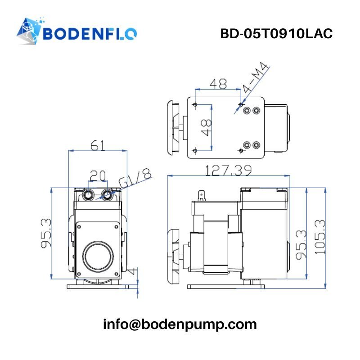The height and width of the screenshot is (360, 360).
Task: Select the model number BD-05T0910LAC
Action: point(276,34)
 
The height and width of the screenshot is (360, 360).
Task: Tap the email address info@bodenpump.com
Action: point(180,324)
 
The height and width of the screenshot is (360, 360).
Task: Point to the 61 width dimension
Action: point(98,145)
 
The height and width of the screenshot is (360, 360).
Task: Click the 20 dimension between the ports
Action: point(98,175)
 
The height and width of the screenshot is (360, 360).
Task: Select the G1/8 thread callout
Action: point(135,178)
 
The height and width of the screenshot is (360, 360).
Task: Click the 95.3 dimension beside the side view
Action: point(301,244)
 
